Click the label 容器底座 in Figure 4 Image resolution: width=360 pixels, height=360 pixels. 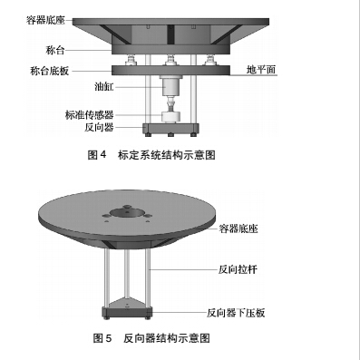(45, 21)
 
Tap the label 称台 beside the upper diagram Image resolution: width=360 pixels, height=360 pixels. (55, 50)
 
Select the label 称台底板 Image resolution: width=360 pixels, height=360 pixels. (50, 71)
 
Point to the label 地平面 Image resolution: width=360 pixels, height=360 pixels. (261, 70)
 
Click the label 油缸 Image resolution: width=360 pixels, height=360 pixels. (104, 87)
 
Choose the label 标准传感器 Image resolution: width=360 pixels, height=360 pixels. (90, 115)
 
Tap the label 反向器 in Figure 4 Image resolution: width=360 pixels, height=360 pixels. (99, 127)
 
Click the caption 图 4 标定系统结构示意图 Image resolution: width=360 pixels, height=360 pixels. (151, 155)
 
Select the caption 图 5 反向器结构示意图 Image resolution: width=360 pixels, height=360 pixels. (151, 338)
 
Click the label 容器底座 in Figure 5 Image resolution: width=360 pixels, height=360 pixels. (238, 229)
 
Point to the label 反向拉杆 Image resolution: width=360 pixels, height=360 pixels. (238, 269)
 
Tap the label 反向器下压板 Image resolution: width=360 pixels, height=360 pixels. (236, 313)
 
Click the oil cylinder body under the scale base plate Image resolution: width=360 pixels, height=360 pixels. (170, 85)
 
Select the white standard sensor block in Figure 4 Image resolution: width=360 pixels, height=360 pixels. (170, 117)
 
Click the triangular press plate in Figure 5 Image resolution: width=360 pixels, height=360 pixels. (127, 304)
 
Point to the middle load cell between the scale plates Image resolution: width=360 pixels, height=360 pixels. (170, 60)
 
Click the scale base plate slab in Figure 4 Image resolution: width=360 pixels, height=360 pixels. (170, 71)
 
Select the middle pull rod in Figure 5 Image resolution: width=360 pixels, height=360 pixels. (127, 273)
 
